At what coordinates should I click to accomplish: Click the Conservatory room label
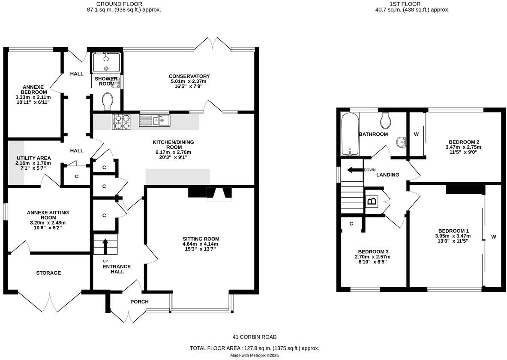(x=189, y=76)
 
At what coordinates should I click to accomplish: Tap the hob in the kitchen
(x=121, y=122)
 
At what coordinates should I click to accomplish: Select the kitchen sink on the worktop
(x=154, y=120)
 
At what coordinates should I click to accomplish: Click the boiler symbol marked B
(x=371, y=201)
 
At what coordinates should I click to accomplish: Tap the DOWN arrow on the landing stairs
(x=355, y=170)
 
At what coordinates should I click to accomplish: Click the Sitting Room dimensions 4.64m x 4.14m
(x=201, y=244)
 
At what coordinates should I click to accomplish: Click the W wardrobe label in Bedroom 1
(x=493, y=237)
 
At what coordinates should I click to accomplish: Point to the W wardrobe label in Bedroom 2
(x=416, y=134)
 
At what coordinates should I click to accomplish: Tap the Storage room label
(x=48, y=273)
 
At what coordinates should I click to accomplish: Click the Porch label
(x=139, y=302)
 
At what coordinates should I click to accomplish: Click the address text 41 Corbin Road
(x=255, y=337)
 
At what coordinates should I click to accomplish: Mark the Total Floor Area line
(x=255, y=348)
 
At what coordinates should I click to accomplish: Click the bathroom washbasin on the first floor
(x=401, y=141)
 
